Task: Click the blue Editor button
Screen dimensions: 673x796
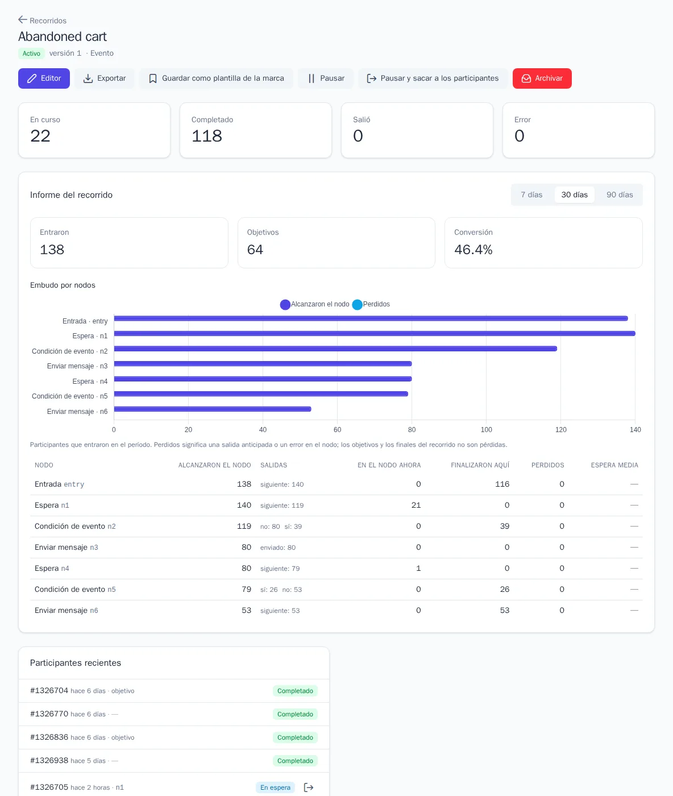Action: (44, 78)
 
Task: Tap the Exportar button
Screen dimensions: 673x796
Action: (105, 78)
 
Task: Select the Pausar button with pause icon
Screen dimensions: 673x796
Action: (326, 78)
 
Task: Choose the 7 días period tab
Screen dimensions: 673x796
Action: (531, 194)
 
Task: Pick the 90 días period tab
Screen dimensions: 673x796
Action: (620, 194)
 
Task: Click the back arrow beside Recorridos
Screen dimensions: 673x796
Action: (23, 20)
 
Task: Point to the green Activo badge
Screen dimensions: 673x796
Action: (31, 53)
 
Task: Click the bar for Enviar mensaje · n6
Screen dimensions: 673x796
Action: (213, 409)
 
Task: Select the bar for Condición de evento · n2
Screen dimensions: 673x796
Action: (335, 349)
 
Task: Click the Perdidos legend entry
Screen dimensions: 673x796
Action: (371, 304)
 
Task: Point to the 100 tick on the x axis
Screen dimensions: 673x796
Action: (486, 429)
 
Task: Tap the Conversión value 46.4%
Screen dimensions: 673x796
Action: (473, 250)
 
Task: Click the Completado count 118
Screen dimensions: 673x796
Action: (207, 135)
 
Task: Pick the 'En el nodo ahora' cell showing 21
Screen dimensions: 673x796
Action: (416, 505)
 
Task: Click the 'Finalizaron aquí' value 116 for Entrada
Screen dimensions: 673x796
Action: (502, 484)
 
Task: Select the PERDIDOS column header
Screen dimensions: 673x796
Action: (547, 465)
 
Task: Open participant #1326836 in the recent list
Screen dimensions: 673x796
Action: (49, 737)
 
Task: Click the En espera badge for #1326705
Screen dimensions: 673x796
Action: (275, 787)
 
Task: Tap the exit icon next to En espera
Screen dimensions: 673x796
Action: (309, 787)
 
